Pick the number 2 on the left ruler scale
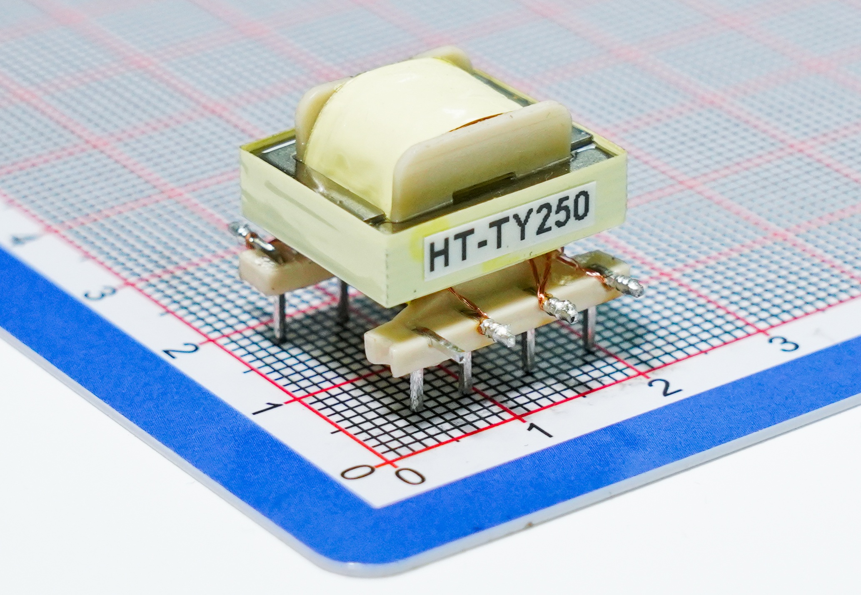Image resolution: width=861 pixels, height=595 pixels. [x=178, y=349]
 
